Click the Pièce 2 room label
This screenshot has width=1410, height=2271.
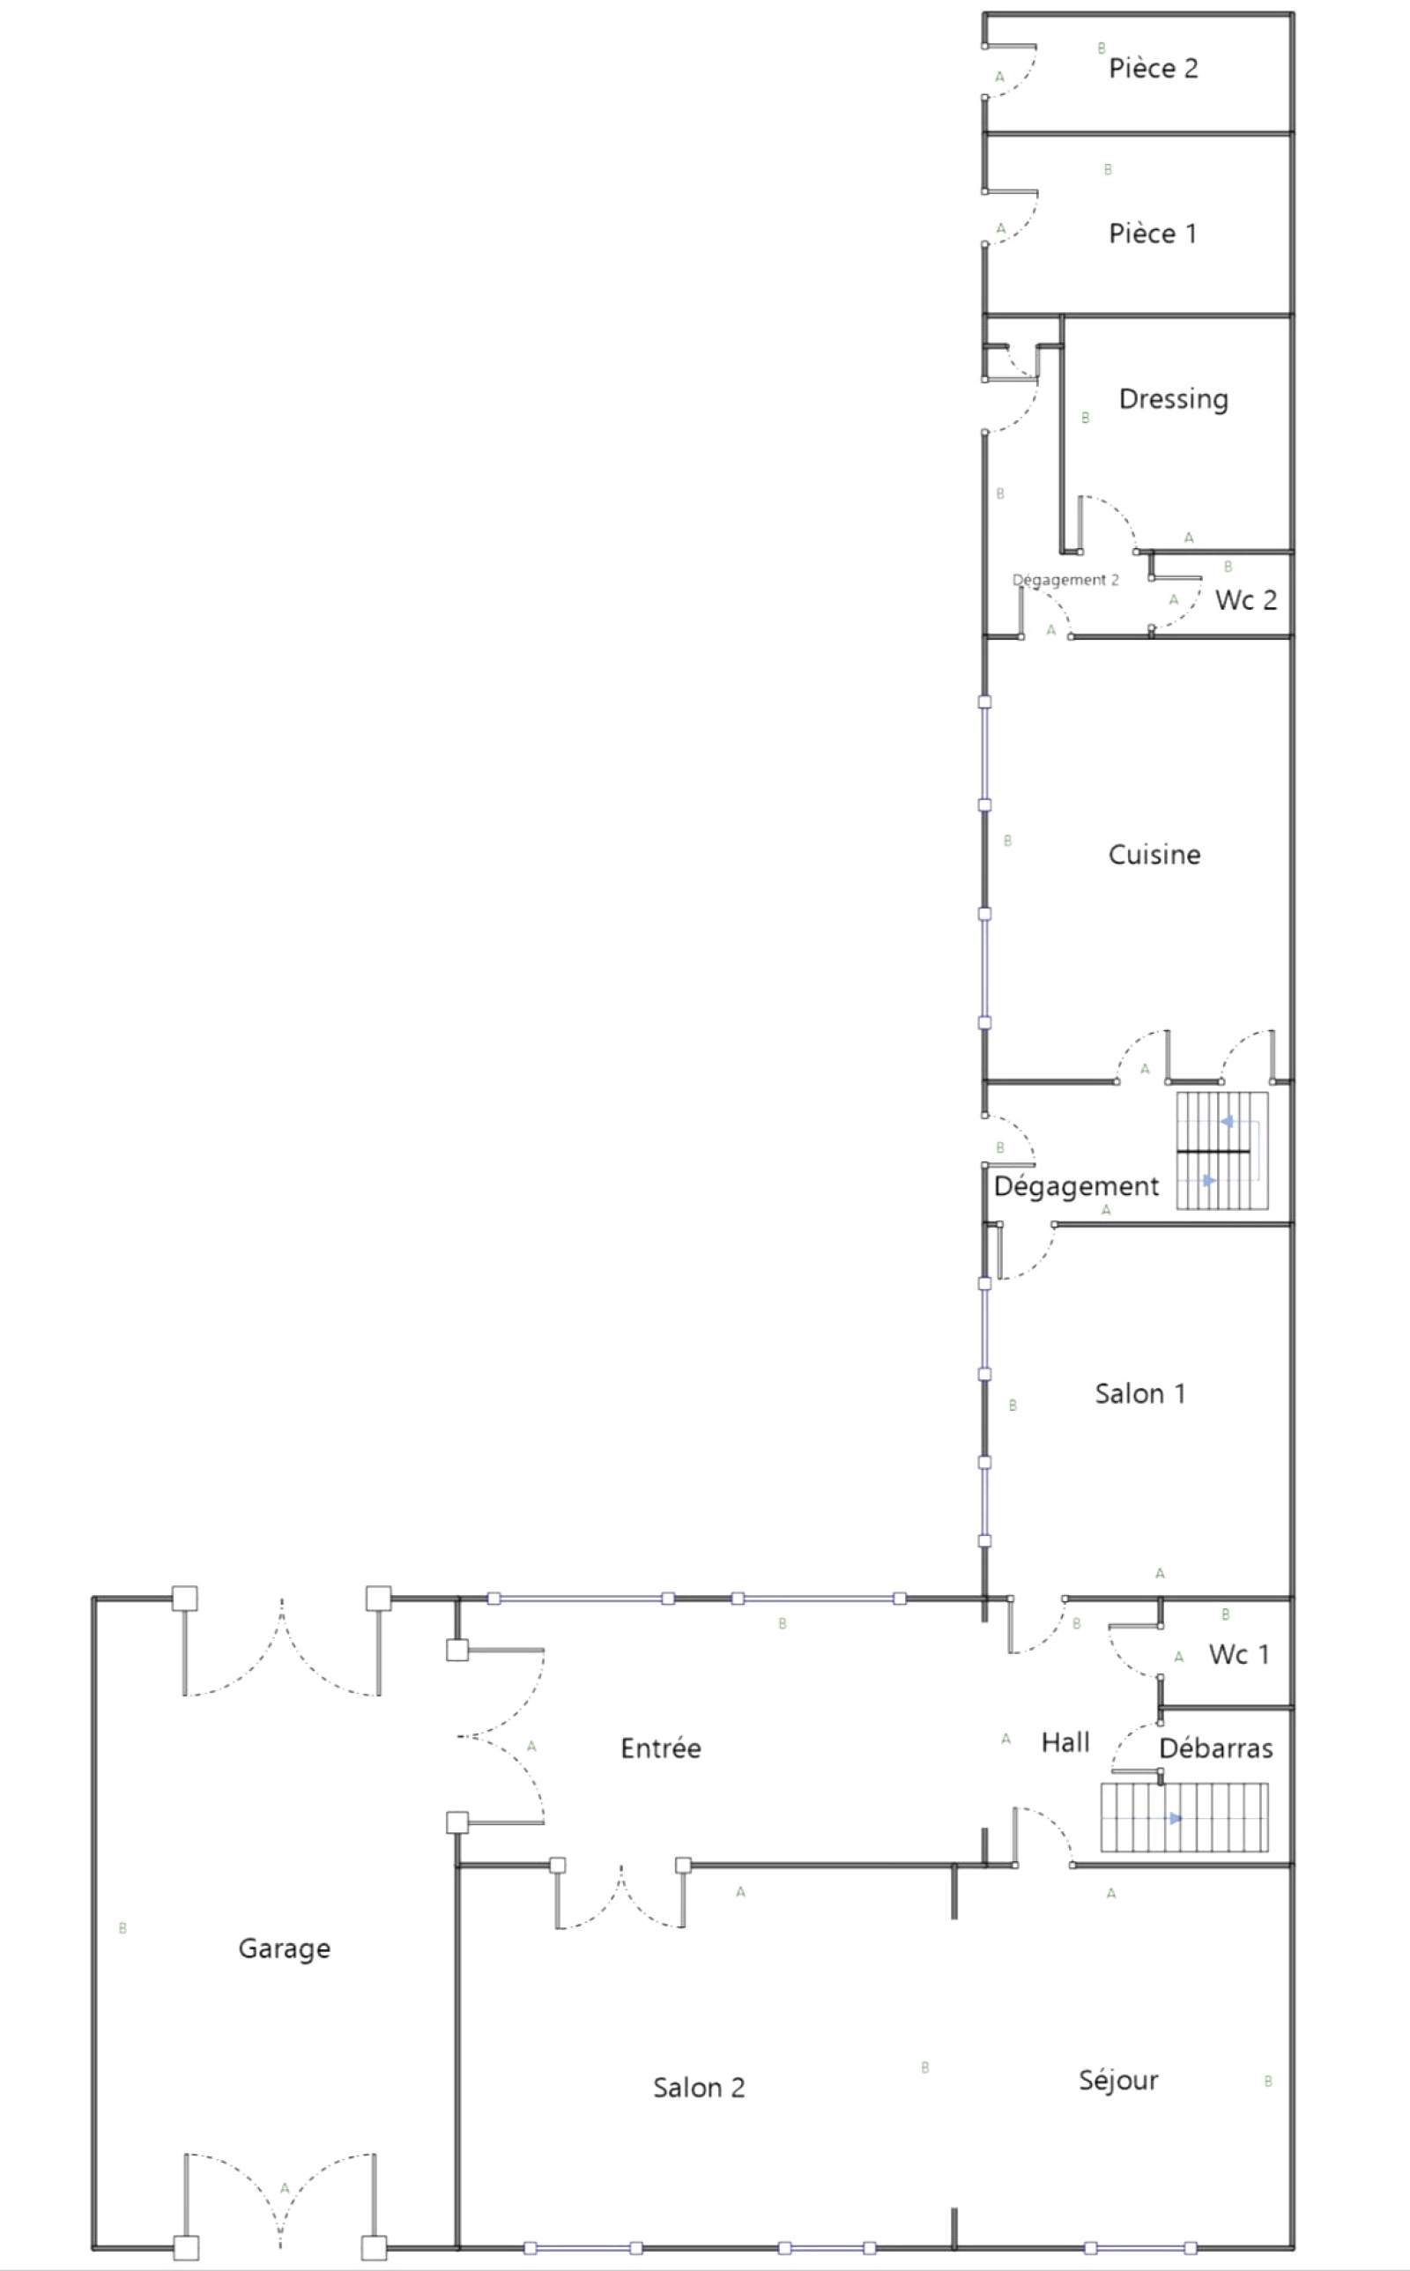(x=1153, y=68)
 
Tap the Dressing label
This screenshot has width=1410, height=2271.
(x=1173, y=399)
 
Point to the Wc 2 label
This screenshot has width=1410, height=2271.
(x=1246, y=599)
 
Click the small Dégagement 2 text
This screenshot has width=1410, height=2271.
(x=1065, y=580)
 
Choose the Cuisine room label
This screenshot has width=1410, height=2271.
(x=1154, y=854)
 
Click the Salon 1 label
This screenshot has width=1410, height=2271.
(x=1139, y=1394)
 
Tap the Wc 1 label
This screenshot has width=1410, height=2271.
(x=1239, y=1655)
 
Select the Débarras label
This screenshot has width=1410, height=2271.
(x=1216, y=1748)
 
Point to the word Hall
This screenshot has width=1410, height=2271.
(x=1065, y=1742)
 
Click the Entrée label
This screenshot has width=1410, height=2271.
(x=660, y=1748)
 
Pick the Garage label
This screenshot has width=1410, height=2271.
(x=285, y=1948)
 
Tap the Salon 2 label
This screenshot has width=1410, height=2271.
(x=699, y=2088)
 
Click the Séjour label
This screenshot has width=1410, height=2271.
(x=1118, y=2081)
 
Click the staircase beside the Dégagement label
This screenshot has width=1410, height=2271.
(x=1221, y=1150)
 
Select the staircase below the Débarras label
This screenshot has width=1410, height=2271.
(x=1184, y=1817)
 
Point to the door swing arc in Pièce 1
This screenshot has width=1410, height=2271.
(x=1024, y=227)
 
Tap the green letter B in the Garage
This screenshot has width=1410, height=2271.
(x=122, y=1928)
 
